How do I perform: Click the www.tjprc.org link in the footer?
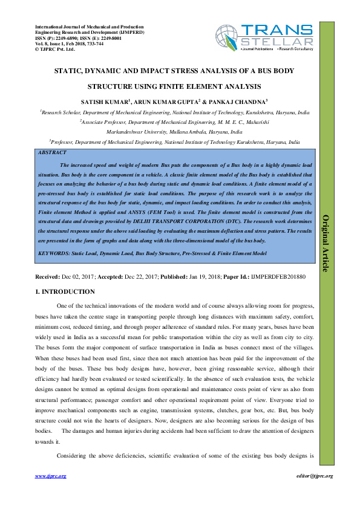[51, 476]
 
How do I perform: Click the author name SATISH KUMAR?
[103, 101]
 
